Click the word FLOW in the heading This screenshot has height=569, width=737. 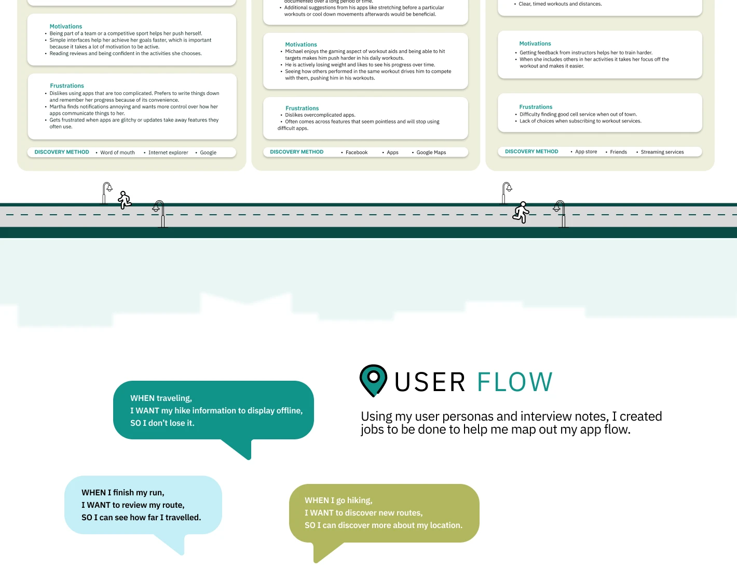(514, 382)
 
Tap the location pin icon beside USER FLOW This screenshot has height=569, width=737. (373, 380)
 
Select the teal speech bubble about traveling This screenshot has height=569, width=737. (213, 410)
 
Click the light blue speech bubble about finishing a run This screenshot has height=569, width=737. (143, 505)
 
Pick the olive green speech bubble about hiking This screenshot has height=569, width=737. (384, 513)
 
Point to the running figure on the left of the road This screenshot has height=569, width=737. (125, 200)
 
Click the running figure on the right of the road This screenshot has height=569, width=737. (521, 212)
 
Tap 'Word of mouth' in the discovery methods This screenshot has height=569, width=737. (117, 152)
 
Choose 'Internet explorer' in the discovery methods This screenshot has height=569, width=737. (168, 152)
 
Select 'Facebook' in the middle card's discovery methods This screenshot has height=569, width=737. (357, 152)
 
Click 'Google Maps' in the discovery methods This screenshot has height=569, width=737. (431, 152)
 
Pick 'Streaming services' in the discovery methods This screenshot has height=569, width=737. (662, 152)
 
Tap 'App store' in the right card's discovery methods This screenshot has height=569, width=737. (586, 152)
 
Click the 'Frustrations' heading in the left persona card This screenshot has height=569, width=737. (67, 86)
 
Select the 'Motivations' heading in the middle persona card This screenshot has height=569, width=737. (301, 45)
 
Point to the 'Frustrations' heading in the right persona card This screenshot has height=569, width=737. (536, 107)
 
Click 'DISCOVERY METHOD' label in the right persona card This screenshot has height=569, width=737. (531, 151)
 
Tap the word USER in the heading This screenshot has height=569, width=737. (430, 382)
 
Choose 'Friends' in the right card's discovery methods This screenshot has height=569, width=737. (618, 152)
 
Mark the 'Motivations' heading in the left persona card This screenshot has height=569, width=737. (66, 26)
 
